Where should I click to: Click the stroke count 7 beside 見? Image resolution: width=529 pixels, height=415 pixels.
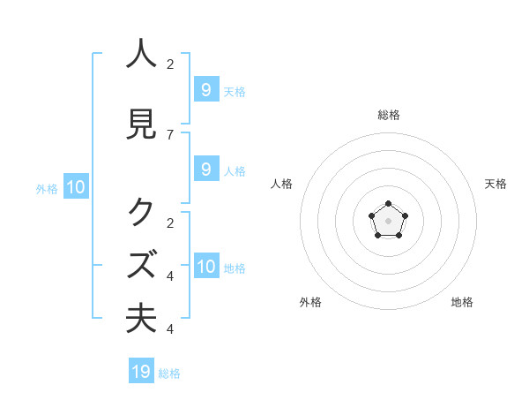(x=170, y=134)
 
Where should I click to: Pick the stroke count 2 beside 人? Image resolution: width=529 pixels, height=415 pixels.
(x=170, y=64)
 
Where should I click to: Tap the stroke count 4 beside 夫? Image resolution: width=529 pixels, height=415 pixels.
(x=170, y=329)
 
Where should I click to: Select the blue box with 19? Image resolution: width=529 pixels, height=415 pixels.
(x=141, y=372)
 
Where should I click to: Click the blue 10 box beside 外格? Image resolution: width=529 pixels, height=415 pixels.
(x=75, y=187)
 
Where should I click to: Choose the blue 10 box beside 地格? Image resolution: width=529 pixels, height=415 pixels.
(x=206, y=268)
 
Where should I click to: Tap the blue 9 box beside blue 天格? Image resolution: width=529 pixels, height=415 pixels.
(x=205, y=90)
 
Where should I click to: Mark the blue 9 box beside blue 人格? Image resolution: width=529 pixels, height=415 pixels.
(x=205, y=170)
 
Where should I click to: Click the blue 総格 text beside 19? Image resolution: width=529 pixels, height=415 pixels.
(x=169, y=373)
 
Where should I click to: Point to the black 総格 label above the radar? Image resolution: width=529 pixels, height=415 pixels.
(x=389, y=115)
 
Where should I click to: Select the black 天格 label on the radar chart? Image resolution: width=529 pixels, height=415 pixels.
(x=495, y=184)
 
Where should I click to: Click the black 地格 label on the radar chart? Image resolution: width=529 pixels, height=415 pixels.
(x=462, y=302)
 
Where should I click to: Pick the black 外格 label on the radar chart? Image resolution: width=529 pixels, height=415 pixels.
(x=310, y=302)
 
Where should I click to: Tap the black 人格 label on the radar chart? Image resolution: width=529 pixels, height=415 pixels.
(x=282, y=184)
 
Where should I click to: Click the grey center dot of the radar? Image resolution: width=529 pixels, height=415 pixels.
(x=389, y=220)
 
